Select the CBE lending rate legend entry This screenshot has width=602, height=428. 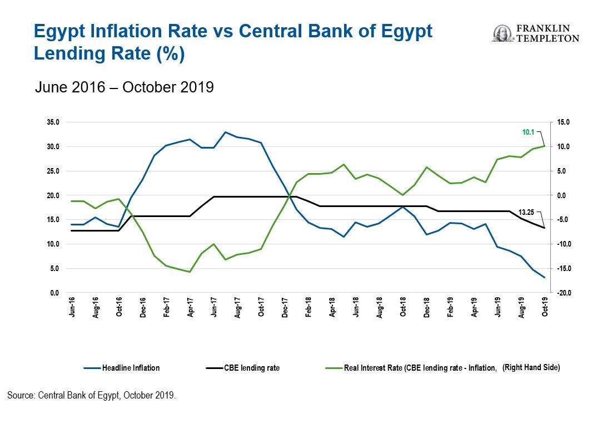(251, 368)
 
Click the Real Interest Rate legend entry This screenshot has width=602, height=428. (420, 368)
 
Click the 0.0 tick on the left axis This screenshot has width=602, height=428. (54, 293)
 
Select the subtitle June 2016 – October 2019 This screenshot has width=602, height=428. (124, 88)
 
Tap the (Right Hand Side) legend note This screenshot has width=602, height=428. (531, 368)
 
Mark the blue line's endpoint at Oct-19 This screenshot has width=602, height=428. (544, 277)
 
